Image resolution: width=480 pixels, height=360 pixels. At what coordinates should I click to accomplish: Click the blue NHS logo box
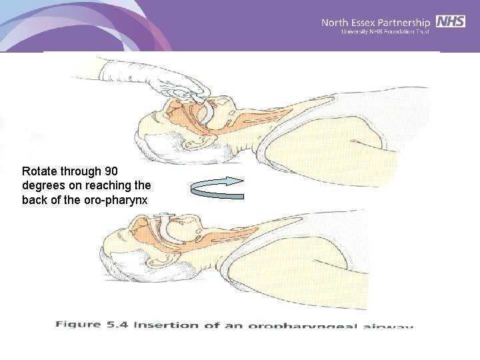(x=451, y=21)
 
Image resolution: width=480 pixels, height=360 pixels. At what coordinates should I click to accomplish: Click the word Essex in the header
(x=367, y=23)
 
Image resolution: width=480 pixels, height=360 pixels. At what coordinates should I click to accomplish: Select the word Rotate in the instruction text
(x=37, y=171)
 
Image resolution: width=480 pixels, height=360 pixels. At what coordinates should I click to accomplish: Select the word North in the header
(x=336, y=23)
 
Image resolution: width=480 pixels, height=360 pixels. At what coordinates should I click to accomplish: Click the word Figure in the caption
(x=79, y=325)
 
